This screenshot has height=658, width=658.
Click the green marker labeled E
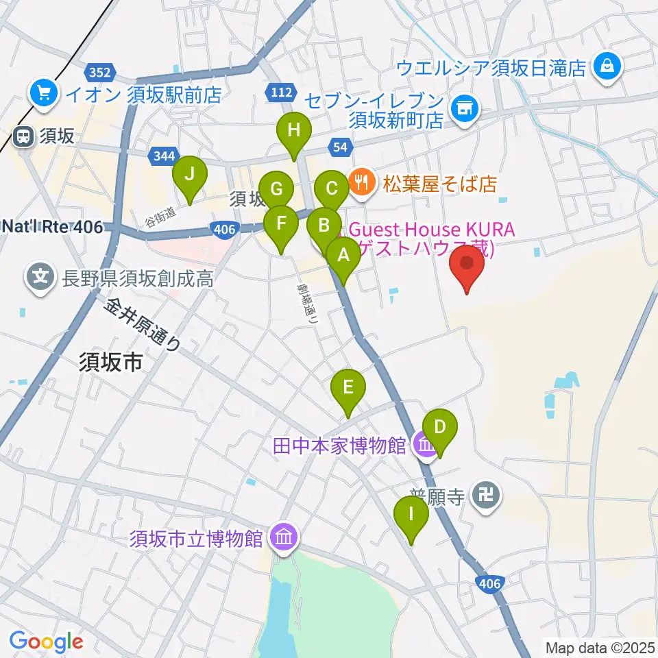(x=348, y=388)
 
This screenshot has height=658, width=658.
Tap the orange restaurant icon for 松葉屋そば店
(x=361, y=182)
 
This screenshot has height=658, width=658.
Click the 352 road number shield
(x=102, y=72)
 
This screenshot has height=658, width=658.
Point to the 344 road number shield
(x=164, y=156)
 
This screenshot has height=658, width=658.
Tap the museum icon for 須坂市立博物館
(x=282, y=537)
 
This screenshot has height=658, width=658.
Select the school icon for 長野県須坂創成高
(x=41, y=277)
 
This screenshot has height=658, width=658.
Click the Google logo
(x=46, y=641)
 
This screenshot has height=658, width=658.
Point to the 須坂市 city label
(x=111, y=362)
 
